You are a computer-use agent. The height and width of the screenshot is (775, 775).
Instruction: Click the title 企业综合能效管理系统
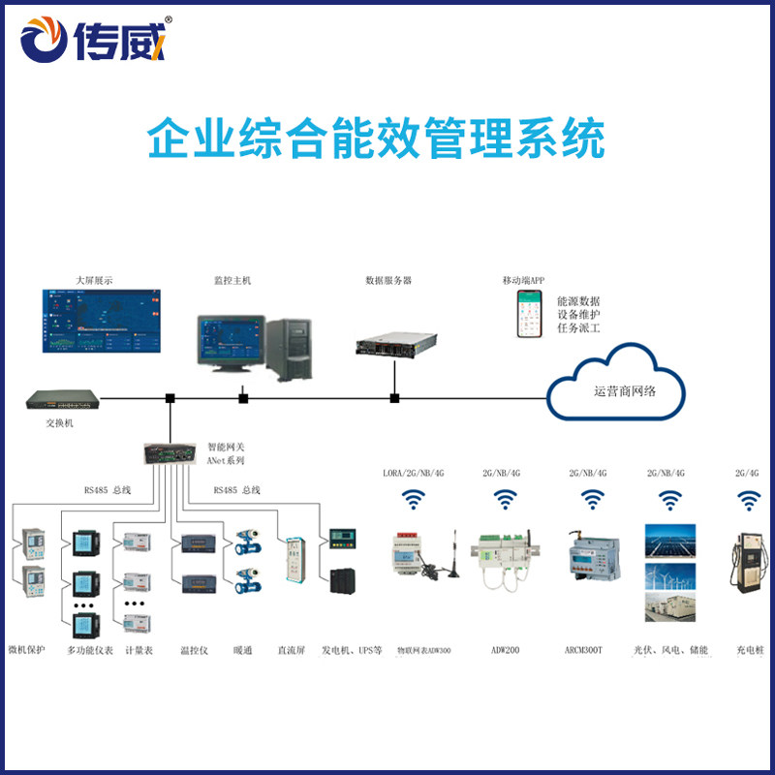coord(376,139)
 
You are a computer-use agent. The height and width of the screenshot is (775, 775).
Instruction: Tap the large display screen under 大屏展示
coord(102,321)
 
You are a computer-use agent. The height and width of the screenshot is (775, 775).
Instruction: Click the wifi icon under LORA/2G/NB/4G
coord(414,500)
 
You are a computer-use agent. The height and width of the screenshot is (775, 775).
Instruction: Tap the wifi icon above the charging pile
coord(747,500)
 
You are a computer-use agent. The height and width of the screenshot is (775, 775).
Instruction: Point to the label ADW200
coord(505,650)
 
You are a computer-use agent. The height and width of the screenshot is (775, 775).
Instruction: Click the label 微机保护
coord(26,650)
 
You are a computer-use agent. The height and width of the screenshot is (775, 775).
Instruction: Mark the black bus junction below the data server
coord(394,397)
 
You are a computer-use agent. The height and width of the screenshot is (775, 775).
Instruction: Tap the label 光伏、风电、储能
coord(671,650)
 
